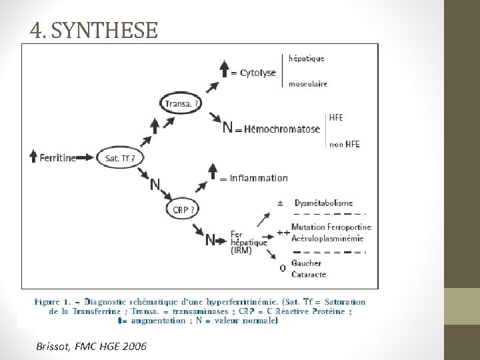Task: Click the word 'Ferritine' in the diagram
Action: pos(57,158)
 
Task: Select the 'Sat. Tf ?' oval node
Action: pos(119,158)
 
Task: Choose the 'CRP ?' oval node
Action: pos(184,209)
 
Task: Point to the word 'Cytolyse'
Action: pos(258,73)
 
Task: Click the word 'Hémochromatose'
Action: pos(282,129)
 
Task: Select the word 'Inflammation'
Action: pos(259,178)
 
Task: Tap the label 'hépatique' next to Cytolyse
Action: pos(307,58)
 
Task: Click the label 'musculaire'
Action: pos(308,84)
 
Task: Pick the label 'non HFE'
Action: pos(344,145)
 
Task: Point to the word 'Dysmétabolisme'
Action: pos(322,203)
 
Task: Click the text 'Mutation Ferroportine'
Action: pos(331,227)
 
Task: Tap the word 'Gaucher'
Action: pos(306,263)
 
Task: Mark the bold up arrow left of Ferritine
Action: pos(33,157)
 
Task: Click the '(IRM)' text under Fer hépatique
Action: pos(241,251)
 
